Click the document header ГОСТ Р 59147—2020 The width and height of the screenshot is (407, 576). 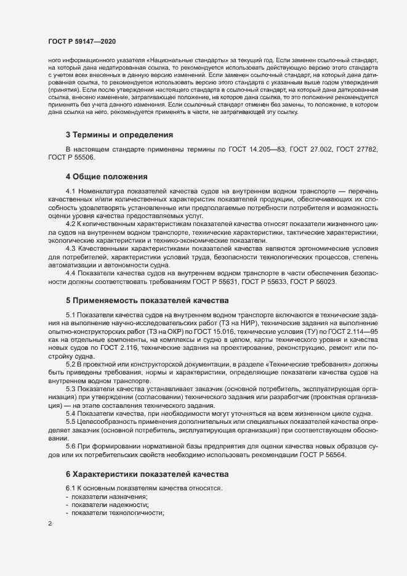81,41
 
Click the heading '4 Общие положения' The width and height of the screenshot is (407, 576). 106,176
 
